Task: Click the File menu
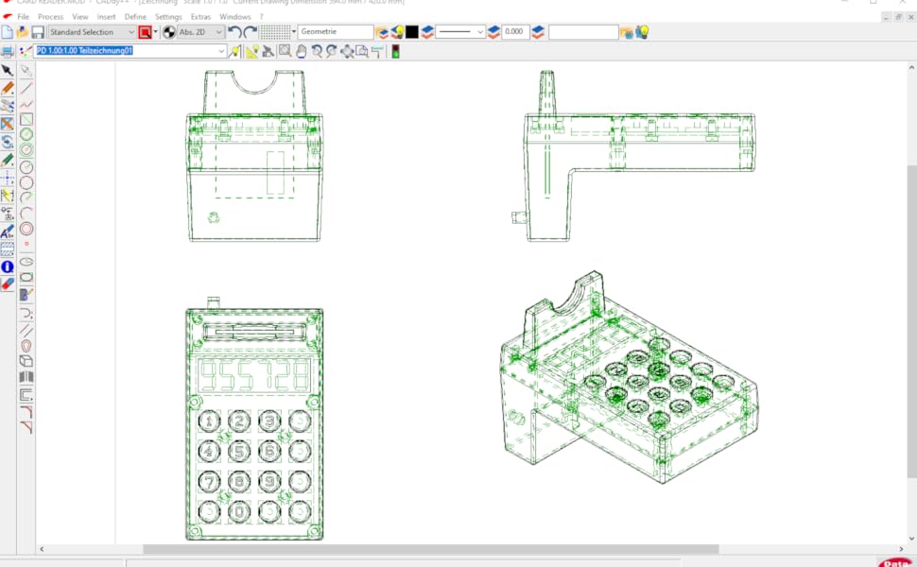[x=23, y=17]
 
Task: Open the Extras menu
[x=200, y=17]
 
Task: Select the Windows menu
[x=235, y=17]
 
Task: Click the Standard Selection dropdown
[x=92, y=32]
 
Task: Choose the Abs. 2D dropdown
[x=200, y=32]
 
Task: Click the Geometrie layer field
[x=335, y=32]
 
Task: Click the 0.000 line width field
[x=515, y=32]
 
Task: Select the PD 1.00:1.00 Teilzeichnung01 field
[x=130, y=51]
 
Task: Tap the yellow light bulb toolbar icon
[x=642, y=32]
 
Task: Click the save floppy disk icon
[x=38, y=32]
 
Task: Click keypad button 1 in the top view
[x=210, y=421]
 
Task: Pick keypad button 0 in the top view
[x=240, y=511]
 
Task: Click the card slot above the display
[x=253, y=332]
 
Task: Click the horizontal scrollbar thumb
[x=430, y=549]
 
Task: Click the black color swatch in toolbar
[x=412, y=32]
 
